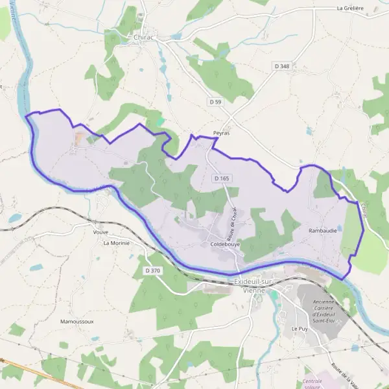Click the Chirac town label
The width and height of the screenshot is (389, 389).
coord(141,38)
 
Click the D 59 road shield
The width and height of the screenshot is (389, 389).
coord(215,102)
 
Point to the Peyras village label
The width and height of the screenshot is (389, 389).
coord(221,133)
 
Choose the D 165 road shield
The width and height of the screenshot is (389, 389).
coord(222,178)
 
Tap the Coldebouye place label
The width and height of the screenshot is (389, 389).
coord(225,244)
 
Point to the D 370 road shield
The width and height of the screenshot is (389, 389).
coord(152,270)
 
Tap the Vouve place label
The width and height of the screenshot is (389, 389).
coord(100,231)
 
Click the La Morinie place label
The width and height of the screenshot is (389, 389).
coord(117,243)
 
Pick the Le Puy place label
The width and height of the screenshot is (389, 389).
coord(299,329)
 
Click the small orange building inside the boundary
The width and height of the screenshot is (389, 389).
coord(79,138)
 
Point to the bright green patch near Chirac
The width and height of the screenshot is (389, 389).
coord(160,121)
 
